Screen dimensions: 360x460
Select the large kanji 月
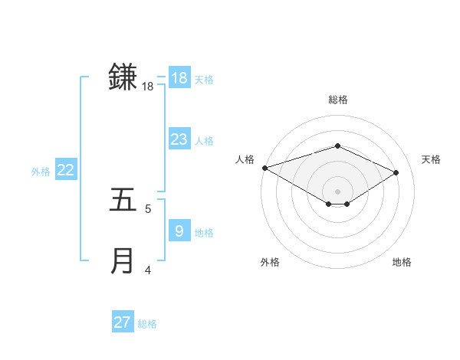pyautogui.click(x=123, y=260)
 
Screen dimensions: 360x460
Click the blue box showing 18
pyautogui.click(x=179, y=77)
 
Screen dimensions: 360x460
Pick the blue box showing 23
pyautogui.click(x=179, y=139)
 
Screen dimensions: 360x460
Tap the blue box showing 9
pyautogui.click(x=179, y=230)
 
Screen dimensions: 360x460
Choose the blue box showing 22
pyautogui.click(x=65, y=170)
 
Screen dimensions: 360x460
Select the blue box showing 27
pyautogui.click(x=123, y=322)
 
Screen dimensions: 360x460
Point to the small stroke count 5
pyautogui.click(x=148, y=208)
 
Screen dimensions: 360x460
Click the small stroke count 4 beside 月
pyautogui.click(x=148, y=270)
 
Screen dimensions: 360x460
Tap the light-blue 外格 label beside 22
pyautogui.click(x=41, y=172)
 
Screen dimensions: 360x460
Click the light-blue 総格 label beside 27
pyautogui.click(x=147, y=324)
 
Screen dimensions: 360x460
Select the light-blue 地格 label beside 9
pyautogui.click(x=204, y=232)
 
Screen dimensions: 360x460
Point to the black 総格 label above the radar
pyautogui.click(x=337, y=100)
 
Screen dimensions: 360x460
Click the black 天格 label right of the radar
pyautogui.click(x=431, y=159)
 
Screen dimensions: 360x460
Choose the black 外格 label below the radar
pyautogui.click(x=270, y=262)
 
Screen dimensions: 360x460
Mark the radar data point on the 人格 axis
pyautogui.click(x=264, y=168)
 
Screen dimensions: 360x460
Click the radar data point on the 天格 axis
pyautogui.click(x=396, y=172)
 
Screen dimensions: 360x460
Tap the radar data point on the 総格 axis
pyautogui.click(x=337, y=146)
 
